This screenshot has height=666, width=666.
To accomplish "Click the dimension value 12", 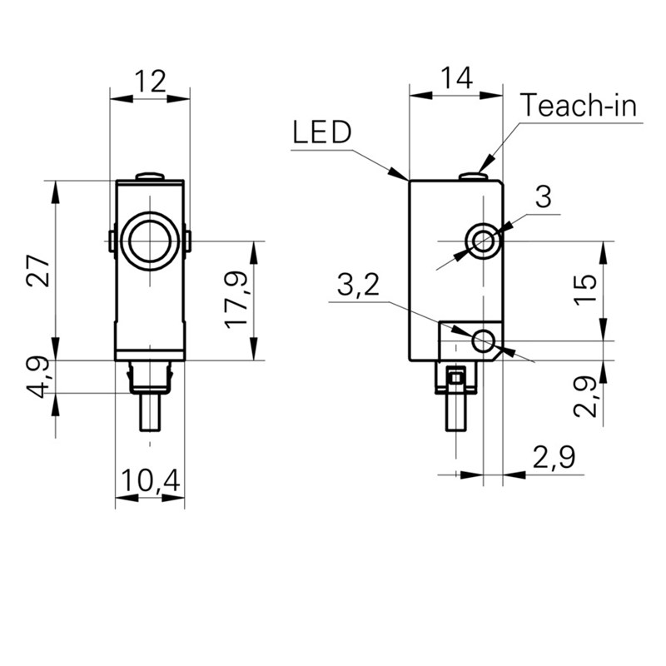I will (x=151, y=81).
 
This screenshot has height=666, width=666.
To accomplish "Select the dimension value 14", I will (x=456, y=78).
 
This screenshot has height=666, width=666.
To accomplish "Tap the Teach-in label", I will (x=580, y=106).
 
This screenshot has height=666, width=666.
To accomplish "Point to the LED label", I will (x=322, y=132).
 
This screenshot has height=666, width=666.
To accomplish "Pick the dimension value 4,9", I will (x=41, y=379).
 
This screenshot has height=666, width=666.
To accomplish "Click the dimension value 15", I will (x=585, y=289).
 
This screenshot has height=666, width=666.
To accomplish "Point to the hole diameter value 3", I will (x=543, y=197).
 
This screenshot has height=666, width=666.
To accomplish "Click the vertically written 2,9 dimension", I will (x=585, y=395).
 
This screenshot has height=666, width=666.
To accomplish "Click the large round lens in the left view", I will (x=149, y=241).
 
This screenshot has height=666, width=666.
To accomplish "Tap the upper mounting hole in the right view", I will (x=482, y=241).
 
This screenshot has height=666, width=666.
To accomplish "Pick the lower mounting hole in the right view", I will (x=484, y=340).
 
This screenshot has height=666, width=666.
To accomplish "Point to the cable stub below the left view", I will (x=150, y=413).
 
